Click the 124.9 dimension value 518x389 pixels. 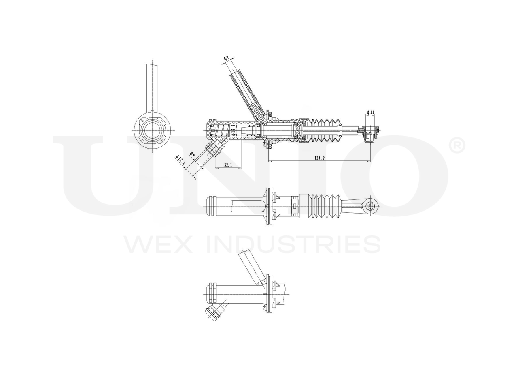(319, 158)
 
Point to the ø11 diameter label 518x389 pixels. (370, 112)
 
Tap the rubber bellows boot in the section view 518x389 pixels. (326, 130)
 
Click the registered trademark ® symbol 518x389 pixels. (457, 146)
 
